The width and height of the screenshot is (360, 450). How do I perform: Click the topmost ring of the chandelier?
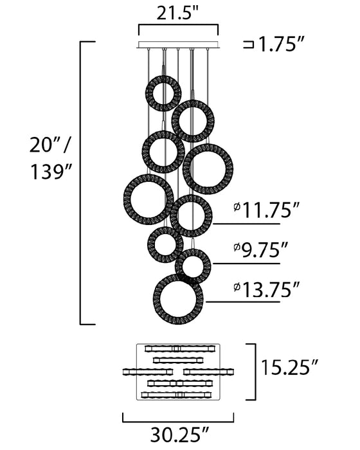(x=163, y=93)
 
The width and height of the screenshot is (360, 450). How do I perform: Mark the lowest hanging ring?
(x=178, y=299)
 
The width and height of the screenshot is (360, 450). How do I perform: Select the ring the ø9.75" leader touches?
(x=193, y=265)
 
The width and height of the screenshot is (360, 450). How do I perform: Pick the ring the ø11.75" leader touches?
(x=191, y=216)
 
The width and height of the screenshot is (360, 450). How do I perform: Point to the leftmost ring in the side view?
(x=148, y=199)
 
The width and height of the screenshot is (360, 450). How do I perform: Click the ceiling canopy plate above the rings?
(x=178, y=45)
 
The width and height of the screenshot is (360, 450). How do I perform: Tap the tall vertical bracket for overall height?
(x=80, y=183)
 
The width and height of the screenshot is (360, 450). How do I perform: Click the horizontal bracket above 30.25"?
(x=178, y=418)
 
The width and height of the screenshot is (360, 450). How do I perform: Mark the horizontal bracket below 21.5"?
(x=178, y=28)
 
